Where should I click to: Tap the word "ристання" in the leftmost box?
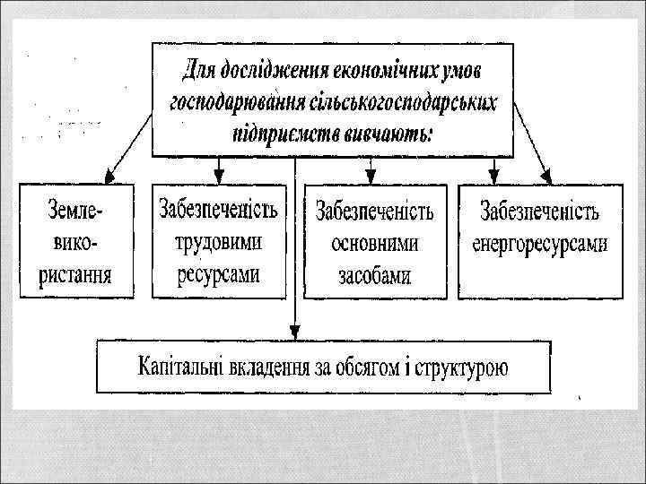pyautogui.click(x=75, y=272)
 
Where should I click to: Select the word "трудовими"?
pyautogui.click(x=218, y=242)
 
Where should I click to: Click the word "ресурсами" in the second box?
pyautogui.click(x=218, y=272)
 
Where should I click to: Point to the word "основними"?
pyautogui.click(x=375, y=244)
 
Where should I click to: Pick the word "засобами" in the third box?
pyautogui.click(x=375, y=275)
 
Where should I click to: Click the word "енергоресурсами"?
pyautogui.click(x=540, y=243)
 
